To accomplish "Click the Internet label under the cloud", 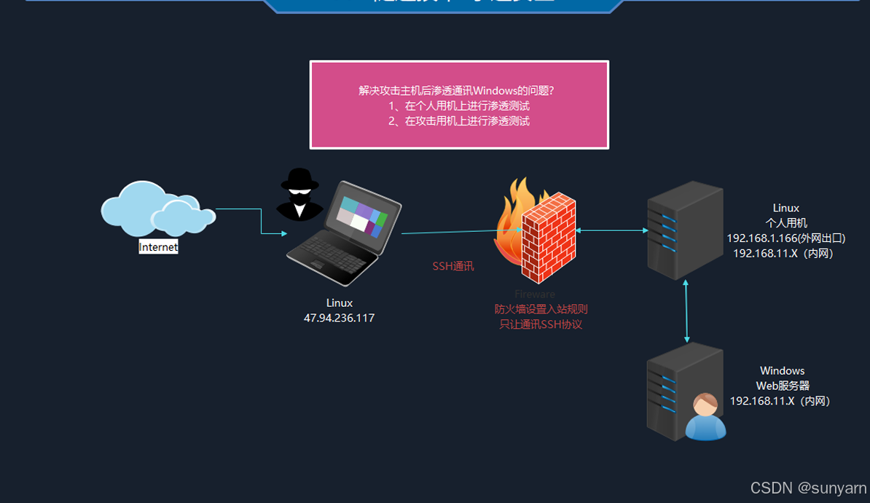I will tap(158, 247).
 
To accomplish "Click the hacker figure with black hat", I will tap(299, 194).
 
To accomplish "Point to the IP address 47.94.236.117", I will tap(339, 318).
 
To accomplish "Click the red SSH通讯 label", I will tap(453, 266).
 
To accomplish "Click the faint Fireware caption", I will tap(535, 294).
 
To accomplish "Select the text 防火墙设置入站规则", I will tap(541, 309).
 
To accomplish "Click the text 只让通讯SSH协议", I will tap(541, 324).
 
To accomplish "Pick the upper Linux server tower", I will tap(685, 230).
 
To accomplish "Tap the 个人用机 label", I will tap(786, 223).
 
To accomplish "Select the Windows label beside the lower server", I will tap(783, 371).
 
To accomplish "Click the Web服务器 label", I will tap(783, 386).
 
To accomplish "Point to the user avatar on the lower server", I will tap(705, 417).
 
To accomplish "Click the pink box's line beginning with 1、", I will tap(459, 106).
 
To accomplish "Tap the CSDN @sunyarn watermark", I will tap(808, 488).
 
